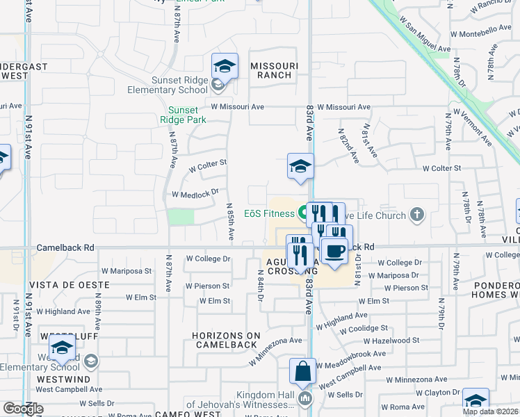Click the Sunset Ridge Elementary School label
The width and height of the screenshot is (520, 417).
click(168, 85)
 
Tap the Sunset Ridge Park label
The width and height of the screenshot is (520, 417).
click(184, 115)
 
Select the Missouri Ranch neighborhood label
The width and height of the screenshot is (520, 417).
click(274, 71)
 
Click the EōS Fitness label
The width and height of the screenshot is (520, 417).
click(269, 213)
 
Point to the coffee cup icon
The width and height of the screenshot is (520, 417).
click(334, 250)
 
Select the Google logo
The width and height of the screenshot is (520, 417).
click(23, 409)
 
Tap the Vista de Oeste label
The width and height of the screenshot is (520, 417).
click(70, 285)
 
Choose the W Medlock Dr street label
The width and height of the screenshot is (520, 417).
click(190, 195)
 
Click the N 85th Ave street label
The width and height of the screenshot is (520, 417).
click(229, 221)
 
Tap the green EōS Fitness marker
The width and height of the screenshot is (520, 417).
click(304, 211)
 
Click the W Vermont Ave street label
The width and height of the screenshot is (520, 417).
click(473, 126)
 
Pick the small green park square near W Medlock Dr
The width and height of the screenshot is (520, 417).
click(181, 216)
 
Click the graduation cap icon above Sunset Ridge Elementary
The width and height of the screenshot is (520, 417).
click(225, 66)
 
